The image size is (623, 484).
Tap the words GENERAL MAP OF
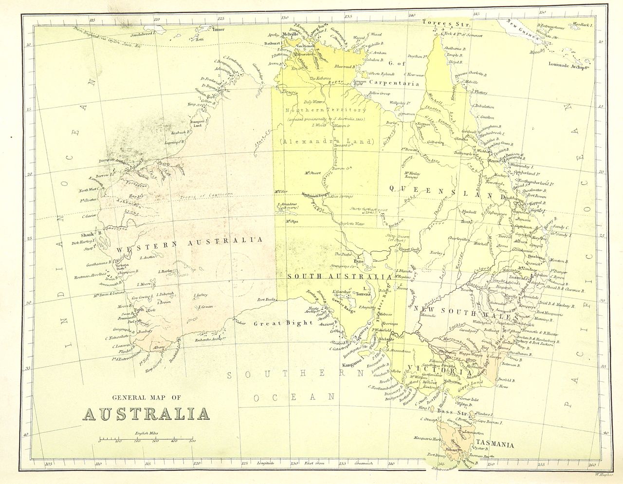[x=147, y=398]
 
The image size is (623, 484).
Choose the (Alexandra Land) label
[x=326, y=142]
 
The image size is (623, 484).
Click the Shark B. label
[x=92, y=233]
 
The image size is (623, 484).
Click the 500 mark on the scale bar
[x=192, y=441]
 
